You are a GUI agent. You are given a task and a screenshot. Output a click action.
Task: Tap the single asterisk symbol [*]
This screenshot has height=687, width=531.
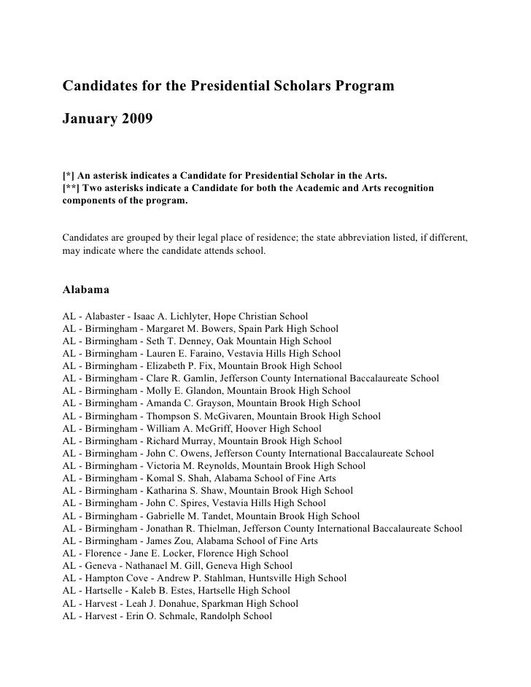[69, 176]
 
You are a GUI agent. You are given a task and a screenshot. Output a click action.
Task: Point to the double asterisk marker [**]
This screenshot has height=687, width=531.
[71, 188]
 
